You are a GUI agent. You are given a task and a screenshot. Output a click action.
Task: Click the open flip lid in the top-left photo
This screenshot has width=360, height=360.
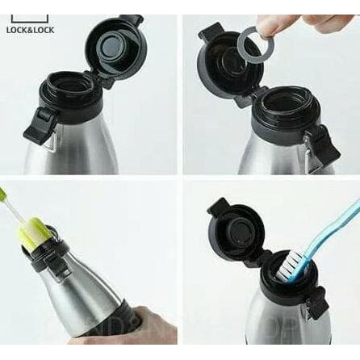(114, 44)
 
